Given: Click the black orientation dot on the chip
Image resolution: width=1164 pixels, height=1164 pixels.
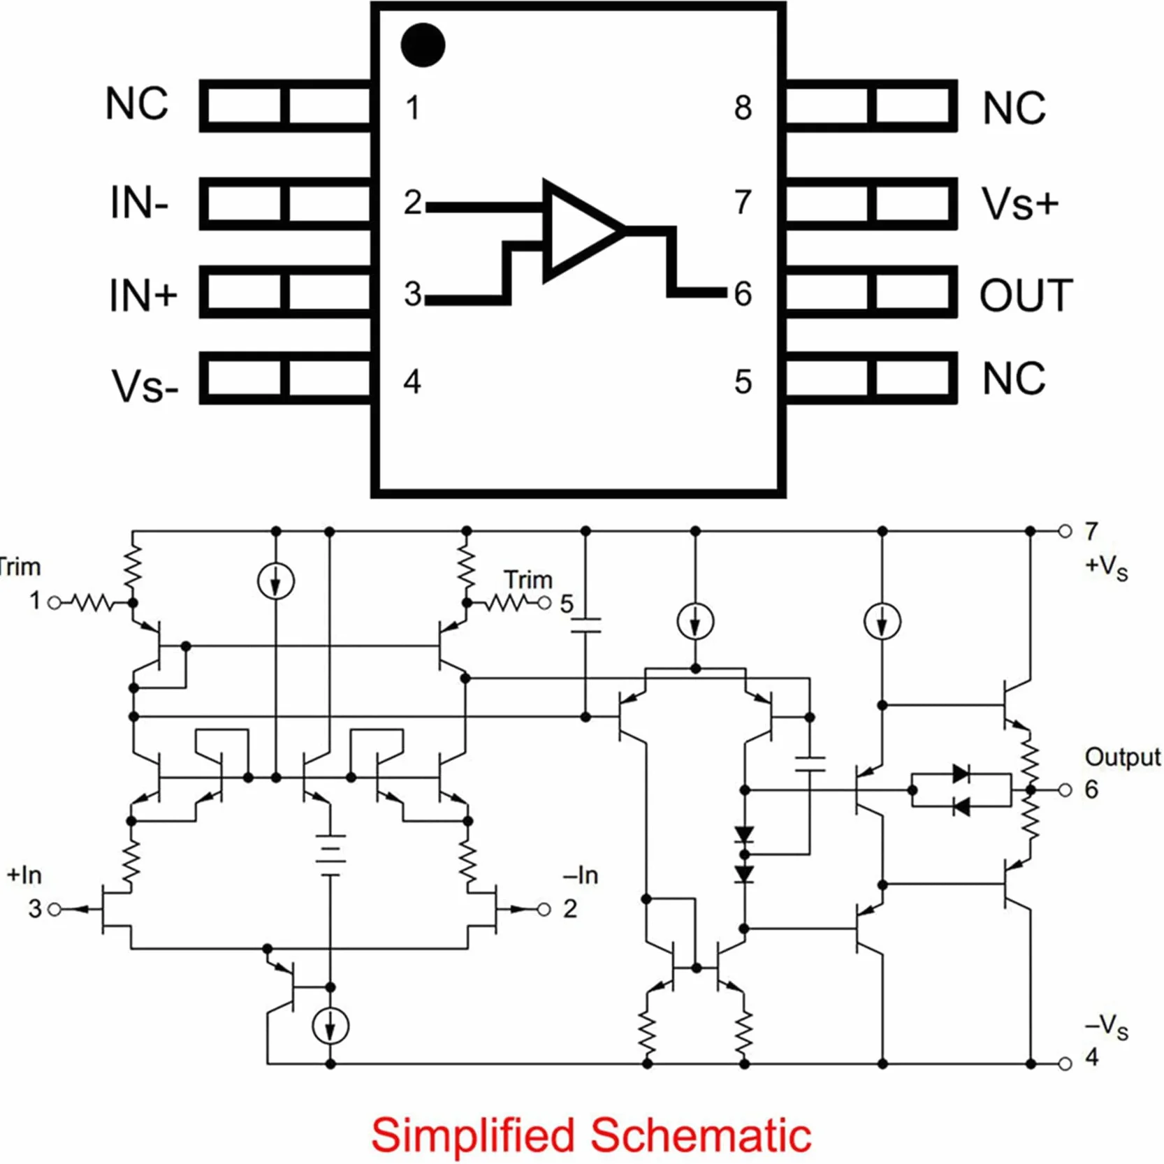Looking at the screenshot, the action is [423, 45].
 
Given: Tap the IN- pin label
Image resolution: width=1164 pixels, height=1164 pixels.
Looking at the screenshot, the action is [139, 203].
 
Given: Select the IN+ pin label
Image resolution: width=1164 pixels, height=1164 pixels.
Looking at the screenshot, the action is [143, 294].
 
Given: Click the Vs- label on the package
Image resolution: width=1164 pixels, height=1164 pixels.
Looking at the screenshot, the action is [145, 386].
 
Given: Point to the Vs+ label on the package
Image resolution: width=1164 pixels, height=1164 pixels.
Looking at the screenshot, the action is [1020, 204].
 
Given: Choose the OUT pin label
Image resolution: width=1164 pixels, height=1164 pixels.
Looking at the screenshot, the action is [1026, 295].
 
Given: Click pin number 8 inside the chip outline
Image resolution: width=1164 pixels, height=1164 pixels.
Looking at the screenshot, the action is [743, 108].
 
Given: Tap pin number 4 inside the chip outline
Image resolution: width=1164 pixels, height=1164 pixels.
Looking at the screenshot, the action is [412, 381].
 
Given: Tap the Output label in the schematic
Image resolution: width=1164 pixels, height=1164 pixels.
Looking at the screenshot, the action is [1122, 757].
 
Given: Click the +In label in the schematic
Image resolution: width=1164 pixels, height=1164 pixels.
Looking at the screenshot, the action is [24, 875].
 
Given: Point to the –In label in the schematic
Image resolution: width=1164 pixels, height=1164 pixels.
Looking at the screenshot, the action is [581, 875].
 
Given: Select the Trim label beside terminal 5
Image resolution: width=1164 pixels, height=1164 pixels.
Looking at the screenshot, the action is [528, 579].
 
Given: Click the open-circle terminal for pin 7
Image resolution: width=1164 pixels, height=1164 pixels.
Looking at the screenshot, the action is [1065, 531].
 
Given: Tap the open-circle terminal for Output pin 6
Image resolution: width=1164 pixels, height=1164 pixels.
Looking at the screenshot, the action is [1065, 790].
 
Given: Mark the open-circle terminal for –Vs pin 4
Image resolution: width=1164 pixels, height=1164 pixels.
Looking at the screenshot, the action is [1065, 1064].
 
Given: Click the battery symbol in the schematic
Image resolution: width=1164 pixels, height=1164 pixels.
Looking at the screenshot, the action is [330, 854].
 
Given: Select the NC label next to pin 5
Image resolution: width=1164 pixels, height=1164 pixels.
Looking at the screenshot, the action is [1014, 379].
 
